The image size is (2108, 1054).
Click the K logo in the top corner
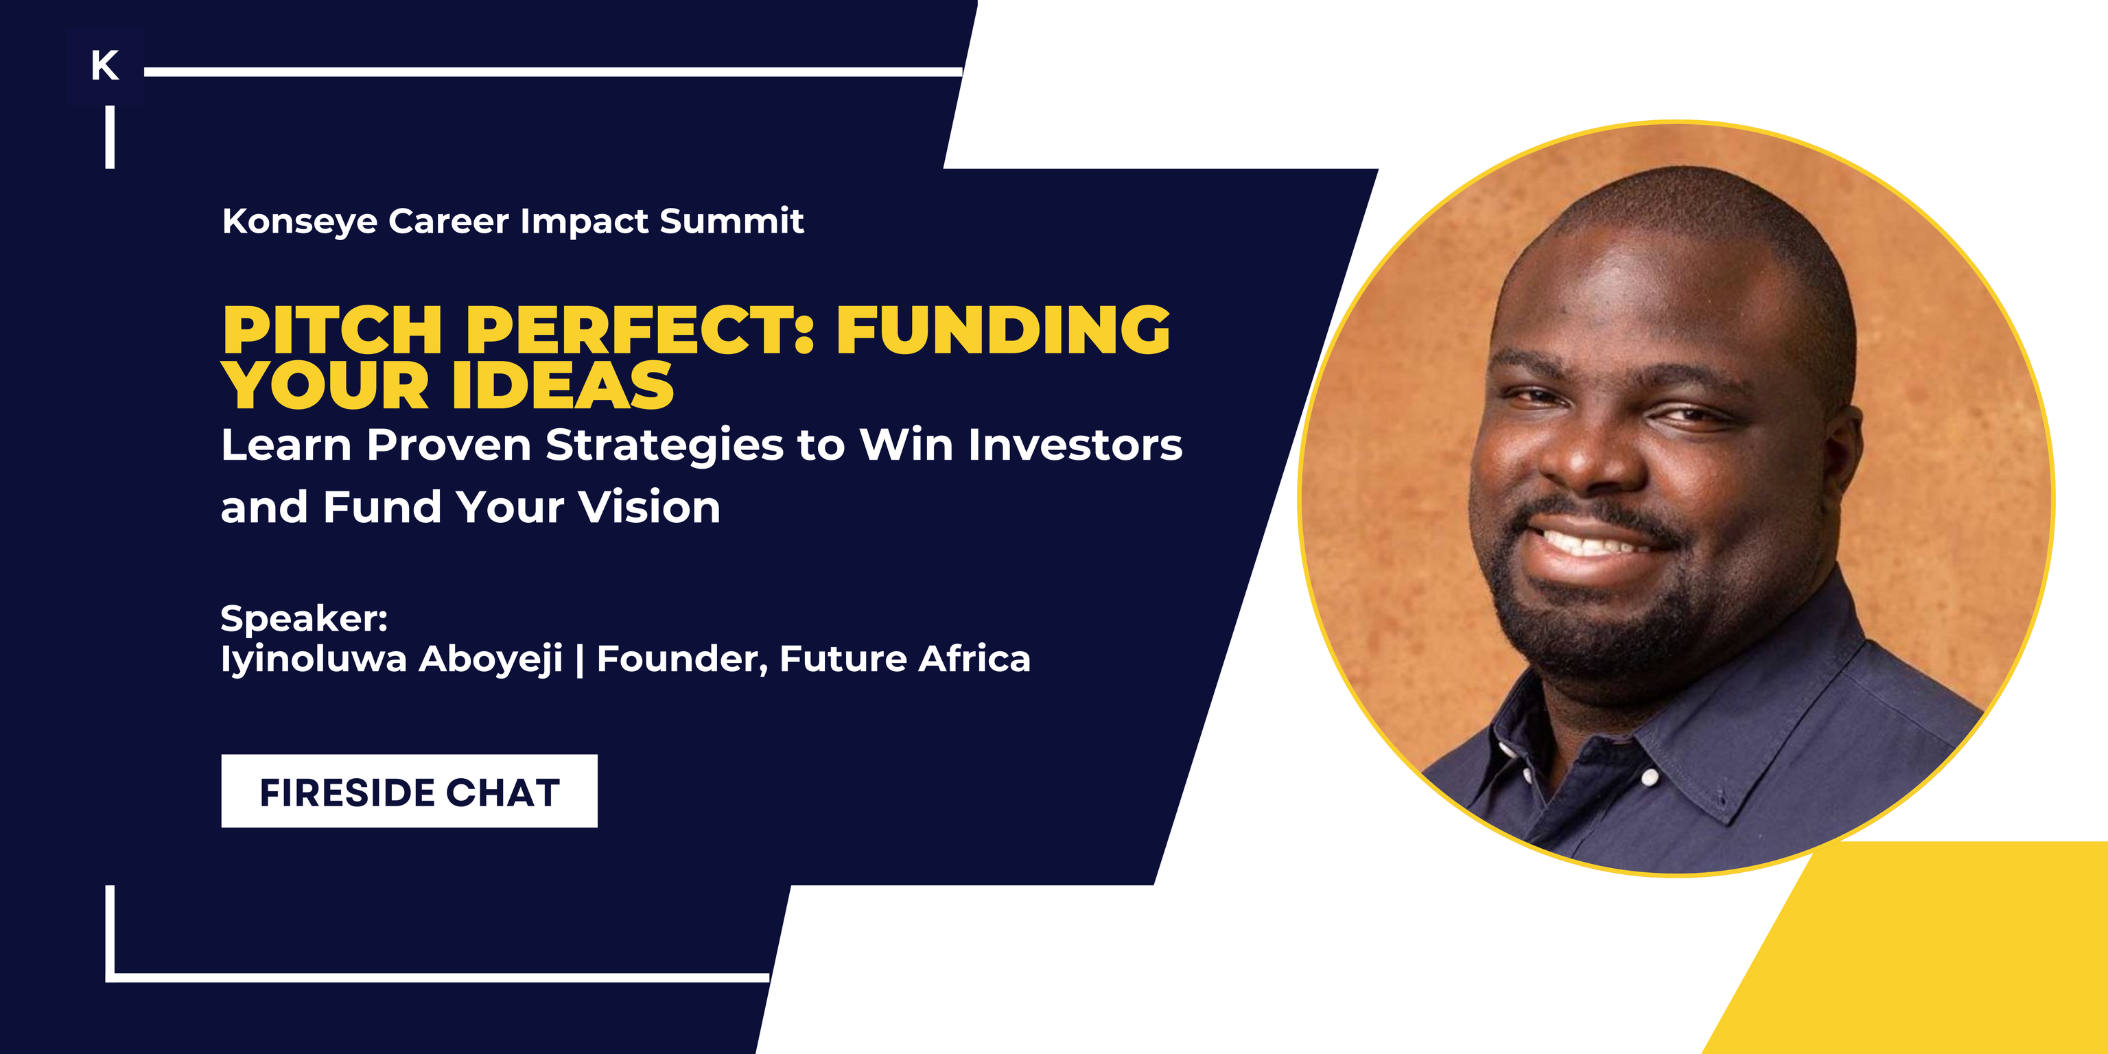click(x=105, y=65)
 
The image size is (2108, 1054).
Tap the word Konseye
click(x=299, y=222)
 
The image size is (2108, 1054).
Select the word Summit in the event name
click(x=731, y=221)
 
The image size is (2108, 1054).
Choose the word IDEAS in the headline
click(x=563, y=386)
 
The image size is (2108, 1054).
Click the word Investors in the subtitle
click(x=1075, y=445)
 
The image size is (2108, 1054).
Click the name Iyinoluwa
click(x=314, y=659)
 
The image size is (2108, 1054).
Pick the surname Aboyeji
click(x=491, y=659)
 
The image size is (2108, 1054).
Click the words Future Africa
click(x=905, y=659)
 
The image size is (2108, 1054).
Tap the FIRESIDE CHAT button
click(x=409, y=791)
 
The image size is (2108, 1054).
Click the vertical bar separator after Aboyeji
click(x=579, y=659)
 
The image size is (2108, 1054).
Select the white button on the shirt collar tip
click(x=1650, y=777)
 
